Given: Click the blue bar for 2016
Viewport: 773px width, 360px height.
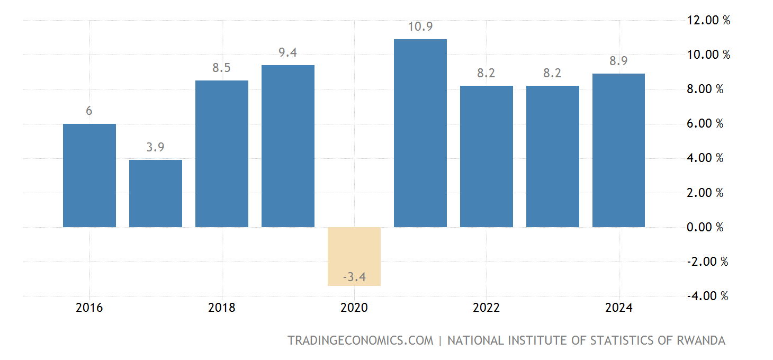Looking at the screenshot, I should tap(89, 175).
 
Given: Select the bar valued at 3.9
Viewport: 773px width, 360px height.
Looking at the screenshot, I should tap(155, 193).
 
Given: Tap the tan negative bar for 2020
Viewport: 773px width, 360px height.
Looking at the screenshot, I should tap(354, 256).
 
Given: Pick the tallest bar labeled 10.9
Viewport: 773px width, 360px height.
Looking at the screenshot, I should tap(420, 133).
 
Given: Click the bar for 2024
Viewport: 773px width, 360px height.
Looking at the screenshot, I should tap(618, 150).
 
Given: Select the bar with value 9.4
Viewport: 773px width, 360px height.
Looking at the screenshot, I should tap(287, 146).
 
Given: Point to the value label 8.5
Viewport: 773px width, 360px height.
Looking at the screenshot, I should tap(221, 68).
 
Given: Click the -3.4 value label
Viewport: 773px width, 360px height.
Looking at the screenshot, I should tap(354, 276).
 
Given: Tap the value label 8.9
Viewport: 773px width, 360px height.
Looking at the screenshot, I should tap(618, 61).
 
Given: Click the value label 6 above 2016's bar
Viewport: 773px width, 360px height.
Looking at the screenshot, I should tap(89, 111).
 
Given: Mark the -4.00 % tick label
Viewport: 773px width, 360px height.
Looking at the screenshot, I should tap(706, 295).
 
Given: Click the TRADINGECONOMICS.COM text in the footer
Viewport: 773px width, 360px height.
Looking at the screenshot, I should tap(360, 340).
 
